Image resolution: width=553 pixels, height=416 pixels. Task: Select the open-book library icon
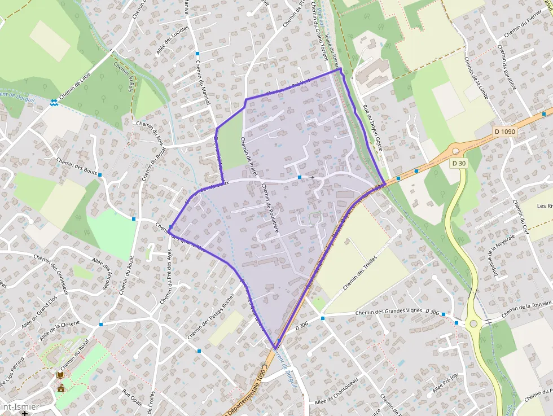(60, 375)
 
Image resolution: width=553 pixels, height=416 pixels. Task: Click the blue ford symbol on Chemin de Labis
(54, 102)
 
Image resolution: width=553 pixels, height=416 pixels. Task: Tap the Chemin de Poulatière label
(271, 207)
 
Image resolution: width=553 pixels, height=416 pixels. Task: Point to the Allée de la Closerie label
(59, 330)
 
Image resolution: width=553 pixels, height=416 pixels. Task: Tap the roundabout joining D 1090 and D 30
(455, 151)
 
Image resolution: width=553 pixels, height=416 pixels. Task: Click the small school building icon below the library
(60, 388)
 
